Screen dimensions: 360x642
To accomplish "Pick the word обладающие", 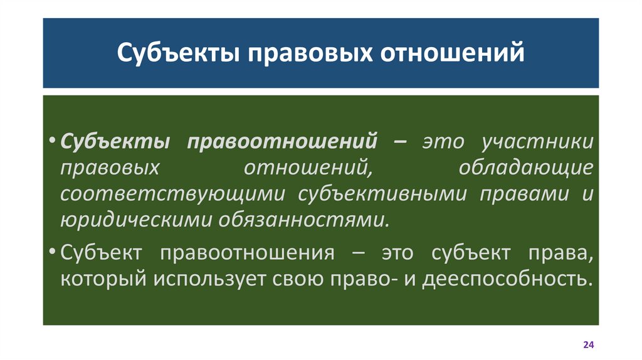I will click(x=525, y=167).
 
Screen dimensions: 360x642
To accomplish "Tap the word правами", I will click(x=520, y=194).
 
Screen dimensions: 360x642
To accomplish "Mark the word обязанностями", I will click(x=303, y=220).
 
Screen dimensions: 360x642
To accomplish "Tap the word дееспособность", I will click(x=507, y=278).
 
